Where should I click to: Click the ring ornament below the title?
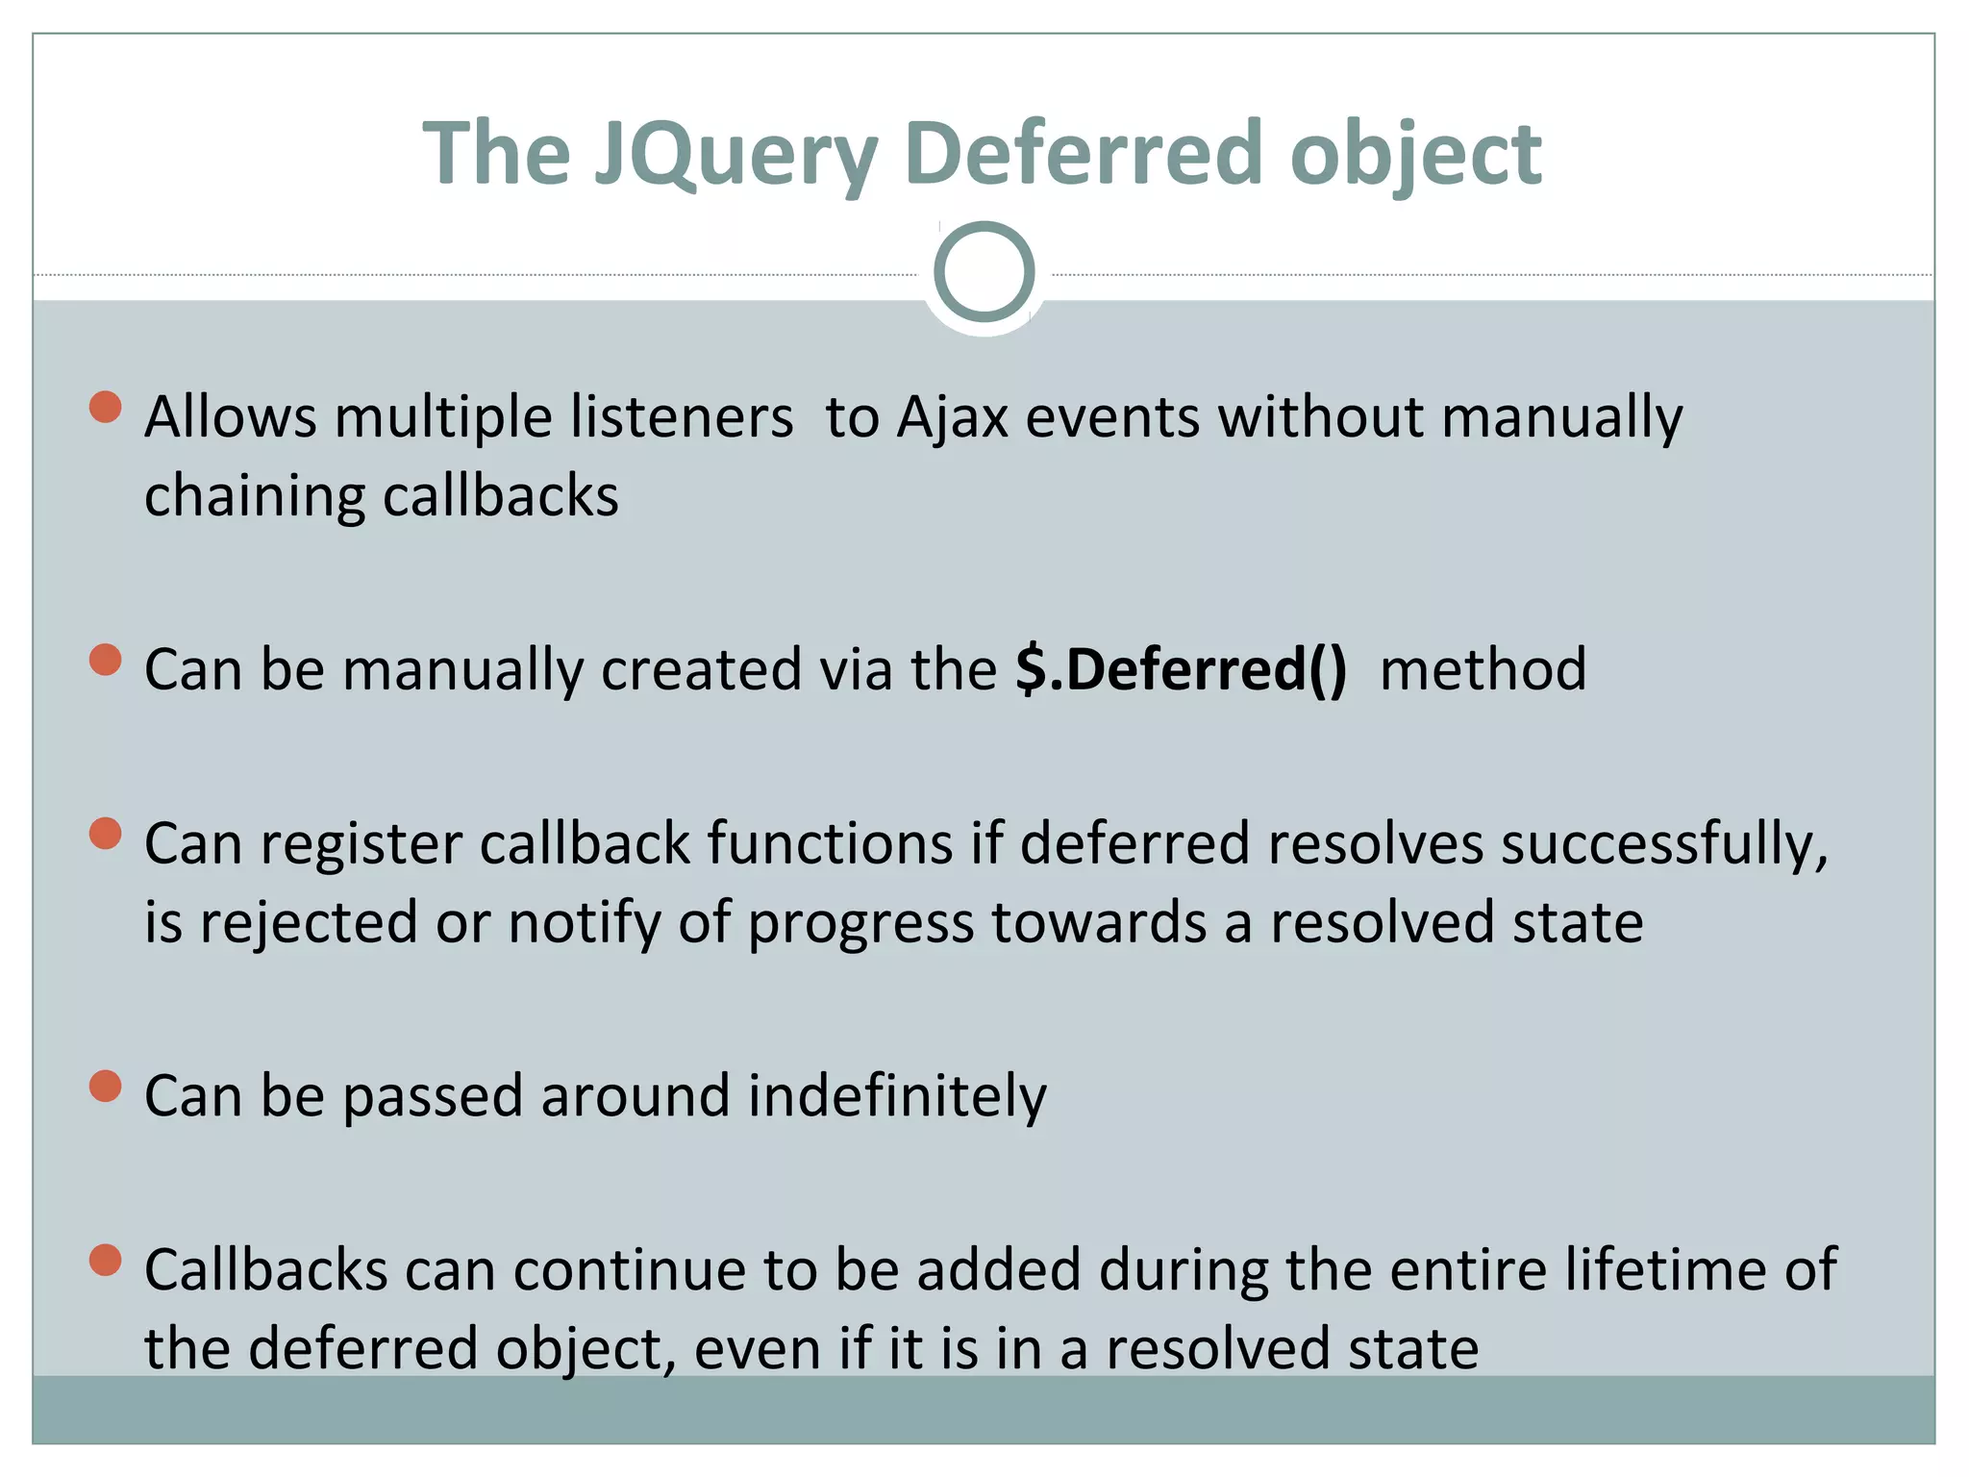coord(984,271)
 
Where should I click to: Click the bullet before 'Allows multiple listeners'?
coord(105,407)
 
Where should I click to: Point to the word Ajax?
coord(952,419)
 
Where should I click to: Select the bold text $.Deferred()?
coord(1181,669)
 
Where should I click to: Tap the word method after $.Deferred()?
coord(1482,669)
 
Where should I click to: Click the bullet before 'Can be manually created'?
coord(105,660)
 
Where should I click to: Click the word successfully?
coord(1663,844)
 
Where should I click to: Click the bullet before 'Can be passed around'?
coord(105,1087)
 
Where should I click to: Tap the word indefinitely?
coord(896,1096)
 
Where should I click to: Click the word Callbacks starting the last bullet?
coord(265,1269)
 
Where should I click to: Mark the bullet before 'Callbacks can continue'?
coord(105,1260)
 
